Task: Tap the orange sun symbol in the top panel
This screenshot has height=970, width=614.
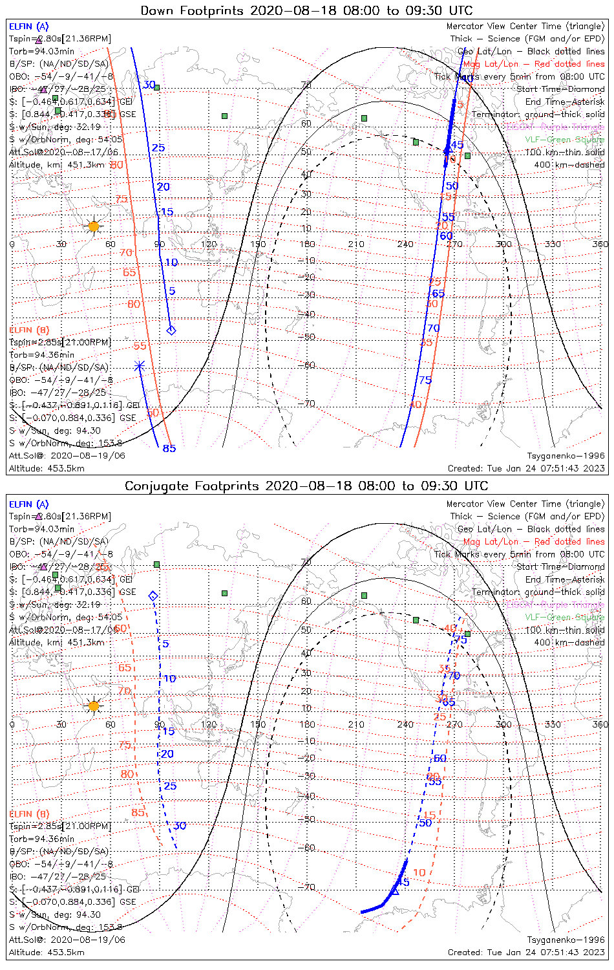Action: pos(94,226)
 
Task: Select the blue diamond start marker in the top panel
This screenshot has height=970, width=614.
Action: pos(171,330)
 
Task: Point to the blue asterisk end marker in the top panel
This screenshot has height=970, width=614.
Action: pos(139,366)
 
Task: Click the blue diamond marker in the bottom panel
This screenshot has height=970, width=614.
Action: pos(153,596)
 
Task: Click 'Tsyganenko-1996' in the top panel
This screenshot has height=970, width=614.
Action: pos(566,456)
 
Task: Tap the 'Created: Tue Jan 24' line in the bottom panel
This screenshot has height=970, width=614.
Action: pos(526,952)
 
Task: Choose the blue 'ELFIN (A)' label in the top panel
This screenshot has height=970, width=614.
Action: pos(28,27)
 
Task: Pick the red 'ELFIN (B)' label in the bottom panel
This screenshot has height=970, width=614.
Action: pos(29,814)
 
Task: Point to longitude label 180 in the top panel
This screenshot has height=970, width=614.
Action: pos(307,244)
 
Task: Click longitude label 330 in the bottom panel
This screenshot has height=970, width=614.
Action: pos(553,724)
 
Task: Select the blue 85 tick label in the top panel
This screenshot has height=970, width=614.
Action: pos(169,448)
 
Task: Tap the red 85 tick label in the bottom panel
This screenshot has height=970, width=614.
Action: pos(138,812)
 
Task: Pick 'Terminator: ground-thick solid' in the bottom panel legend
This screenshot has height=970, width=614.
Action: pos(538,592)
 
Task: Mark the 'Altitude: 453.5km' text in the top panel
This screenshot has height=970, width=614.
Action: pos(47,468)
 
